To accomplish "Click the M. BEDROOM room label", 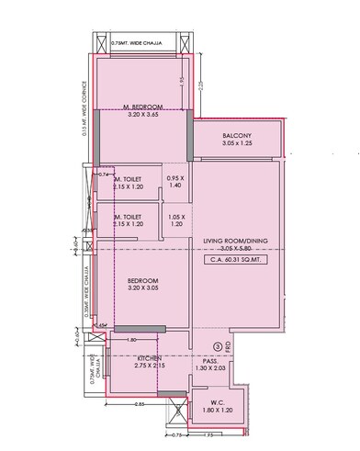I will [141, 107].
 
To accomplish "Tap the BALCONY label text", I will [237, 135].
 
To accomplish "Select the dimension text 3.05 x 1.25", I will [237, 145].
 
